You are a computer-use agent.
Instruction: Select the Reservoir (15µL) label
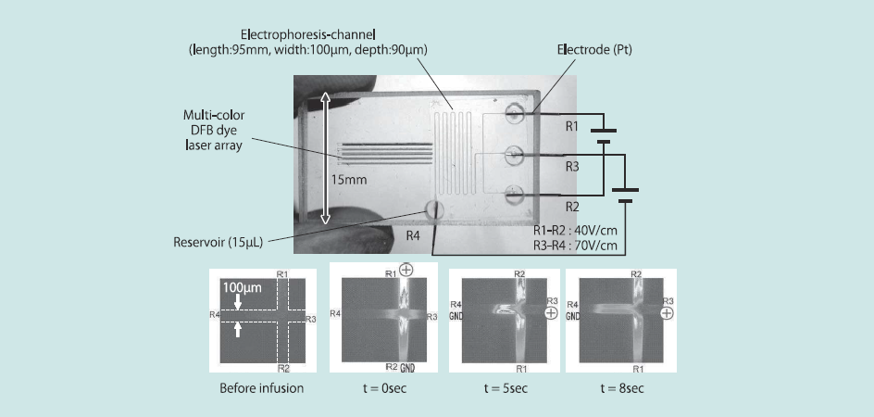click(218, 243)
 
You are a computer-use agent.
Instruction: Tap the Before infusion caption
click(261, 387)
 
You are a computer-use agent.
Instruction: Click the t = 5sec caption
click(504, 387)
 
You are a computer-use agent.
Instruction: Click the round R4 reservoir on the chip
click(433, 210)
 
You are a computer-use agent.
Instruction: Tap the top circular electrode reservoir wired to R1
click(515, 115)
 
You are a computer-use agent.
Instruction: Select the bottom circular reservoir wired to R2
click(515, 195)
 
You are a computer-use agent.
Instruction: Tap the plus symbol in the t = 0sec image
click(406, 272)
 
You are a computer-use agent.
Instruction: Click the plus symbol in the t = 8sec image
click(668, 313)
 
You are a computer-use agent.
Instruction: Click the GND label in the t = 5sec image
click(456, 316)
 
